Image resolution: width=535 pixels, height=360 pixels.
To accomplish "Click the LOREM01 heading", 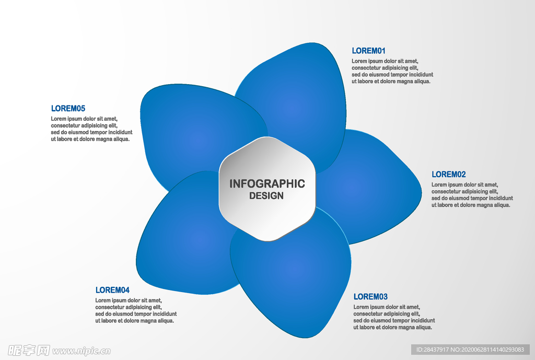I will pos(368,51).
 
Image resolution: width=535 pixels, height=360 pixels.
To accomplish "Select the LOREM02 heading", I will pos(448,175).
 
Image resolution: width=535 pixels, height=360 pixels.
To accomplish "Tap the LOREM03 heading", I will pos(370,297).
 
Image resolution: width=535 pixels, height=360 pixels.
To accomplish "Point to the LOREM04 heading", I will pos(112,290).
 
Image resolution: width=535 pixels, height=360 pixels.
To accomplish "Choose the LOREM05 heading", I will pos(68,109).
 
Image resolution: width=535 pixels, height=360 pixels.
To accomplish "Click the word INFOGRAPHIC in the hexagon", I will pos(267,184).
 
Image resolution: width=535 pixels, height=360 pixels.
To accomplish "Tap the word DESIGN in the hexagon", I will pos(266,196).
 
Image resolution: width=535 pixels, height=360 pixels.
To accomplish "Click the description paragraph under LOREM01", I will pos(392,71).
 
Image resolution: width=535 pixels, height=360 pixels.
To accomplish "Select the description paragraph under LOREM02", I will pos(472,195).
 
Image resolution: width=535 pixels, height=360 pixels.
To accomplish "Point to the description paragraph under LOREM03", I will pos(394,317).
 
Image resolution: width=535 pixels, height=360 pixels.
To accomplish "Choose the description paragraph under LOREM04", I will pos(136,310).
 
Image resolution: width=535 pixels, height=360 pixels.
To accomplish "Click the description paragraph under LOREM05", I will pos(91,129).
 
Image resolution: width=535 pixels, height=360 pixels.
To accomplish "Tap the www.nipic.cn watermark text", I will pos(82,351).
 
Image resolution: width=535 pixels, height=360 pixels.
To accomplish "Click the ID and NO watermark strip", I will pos(470,350).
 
